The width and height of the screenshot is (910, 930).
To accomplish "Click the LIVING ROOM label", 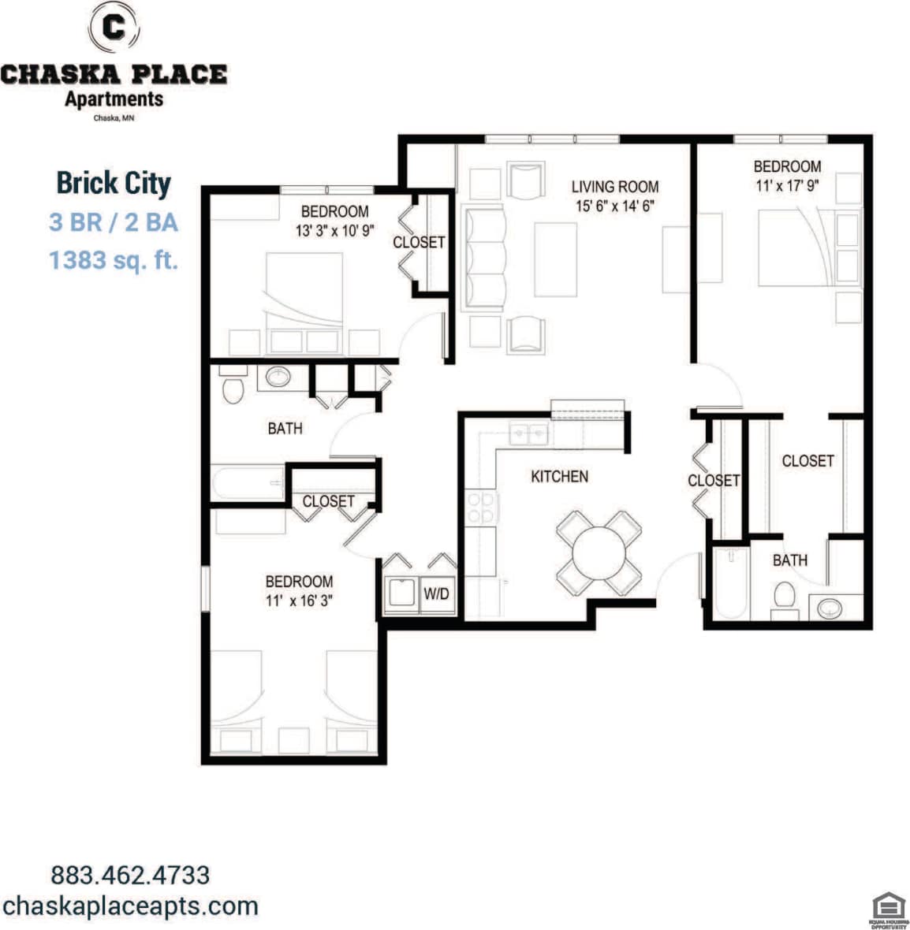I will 614,187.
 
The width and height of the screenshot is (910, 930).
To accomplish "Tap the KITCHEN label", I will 559,476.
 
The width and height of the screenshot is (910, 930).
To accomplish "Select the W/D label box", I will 436,593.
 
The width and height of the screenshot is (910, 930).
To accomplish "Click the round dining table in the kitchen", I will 599,553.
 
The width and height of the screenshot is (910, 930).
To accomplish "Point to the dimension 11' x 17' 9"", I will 787,187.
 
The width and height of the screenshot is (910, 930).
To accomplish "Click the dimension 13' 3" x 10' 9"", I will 334,232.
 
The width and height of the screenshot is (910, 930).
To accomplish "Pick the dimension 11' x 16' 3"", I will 299,601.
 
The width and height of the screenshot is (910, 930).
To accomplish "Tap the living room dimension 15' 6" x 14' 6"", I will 614,206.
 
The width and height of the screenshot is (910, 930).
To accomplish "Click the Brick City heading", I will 114,183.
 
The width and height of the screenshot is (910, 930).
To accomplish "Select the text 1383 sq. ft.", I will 114,259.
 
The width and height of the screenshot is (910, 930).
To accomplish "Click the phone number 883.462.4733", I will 130,875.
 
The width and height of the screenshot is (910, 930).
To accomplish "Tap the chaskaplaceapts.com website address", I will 130,906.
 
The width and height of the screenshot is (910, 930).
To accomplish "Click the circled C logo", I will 115,28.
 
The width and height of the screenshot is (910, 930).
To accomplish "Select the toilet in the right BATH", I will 784,595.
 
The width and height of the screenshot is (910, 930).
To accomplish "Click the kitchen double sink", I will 529,432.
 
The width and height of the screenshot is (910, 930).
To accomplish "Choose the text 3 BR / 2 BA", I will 114,222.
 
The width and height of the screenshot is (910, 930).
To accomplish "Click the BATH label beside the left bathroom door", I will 285,428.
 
